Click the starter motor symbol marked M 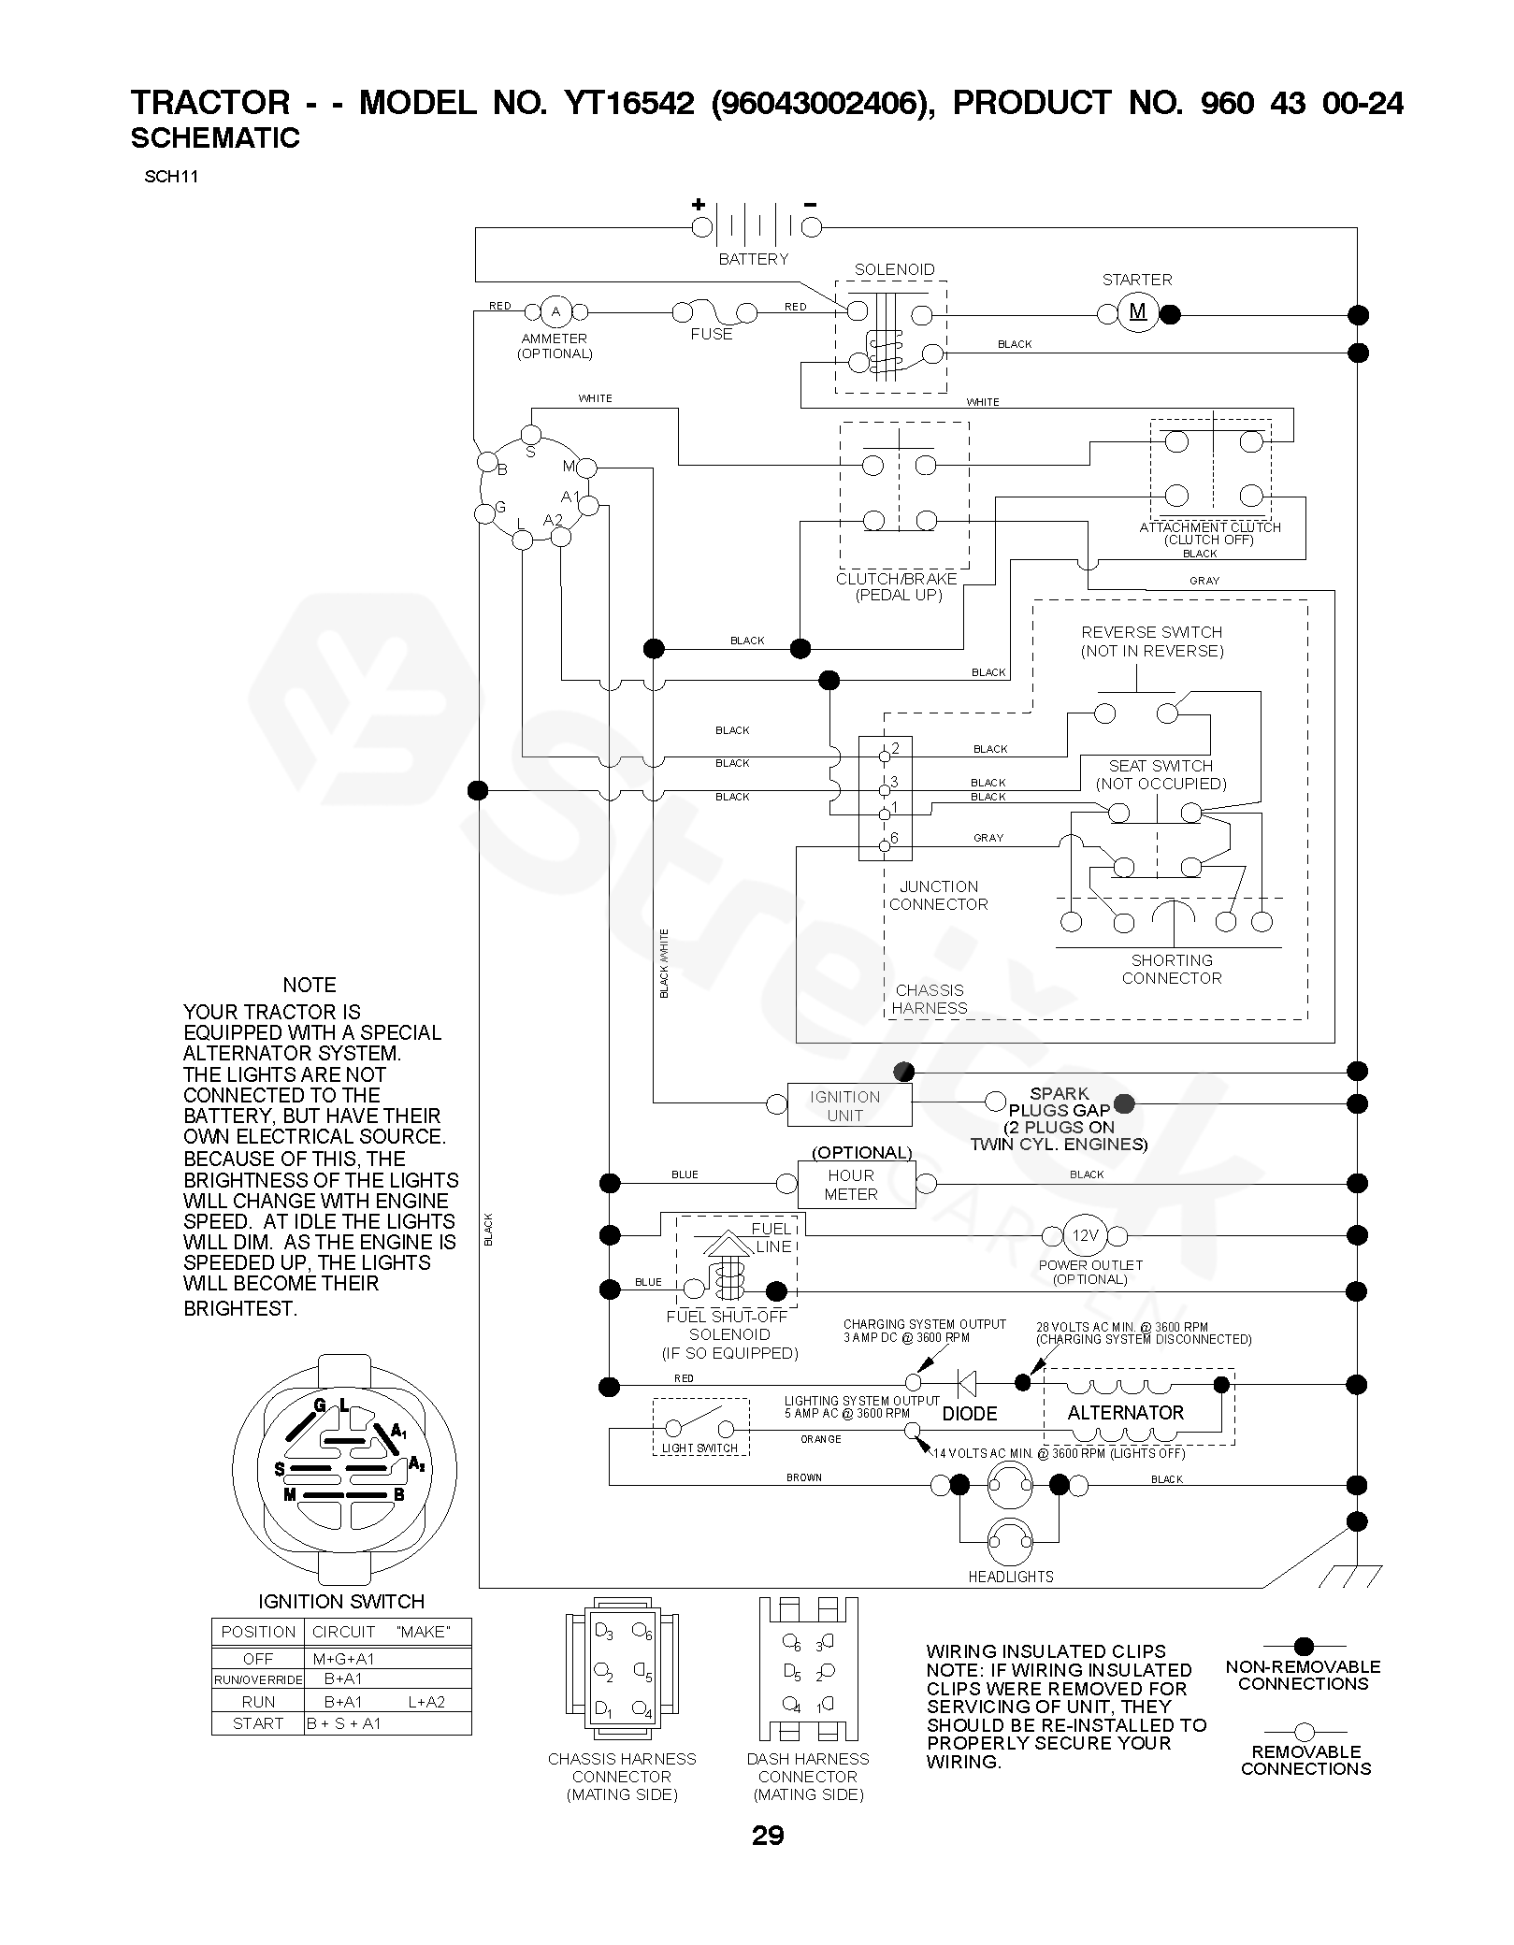[1137, 312]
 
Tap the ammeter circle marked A [555, 311]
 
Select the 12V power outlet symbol [1084, 1235]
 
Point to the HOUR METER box [856, 1184]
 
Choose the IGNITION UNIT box [849, 1104]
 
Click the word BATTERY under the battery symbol [753, 259]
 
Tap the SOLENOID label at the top [894, 269]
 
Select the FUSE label [712, 334]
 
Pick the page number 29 [768, 1836]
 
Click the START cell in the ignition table [258, 1723]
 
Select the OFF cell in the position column [258, 1659]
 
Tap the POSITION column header [258, 1632]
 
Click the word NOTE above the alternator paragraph [310, 985]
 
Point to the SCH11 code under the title [171, 176]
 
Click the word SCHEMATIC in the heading [215, 138]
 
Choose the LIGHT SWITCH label [699, 1448]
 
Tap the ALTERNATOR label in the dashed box [1126, 1412]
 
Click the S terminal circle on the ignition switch [530, 435]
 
